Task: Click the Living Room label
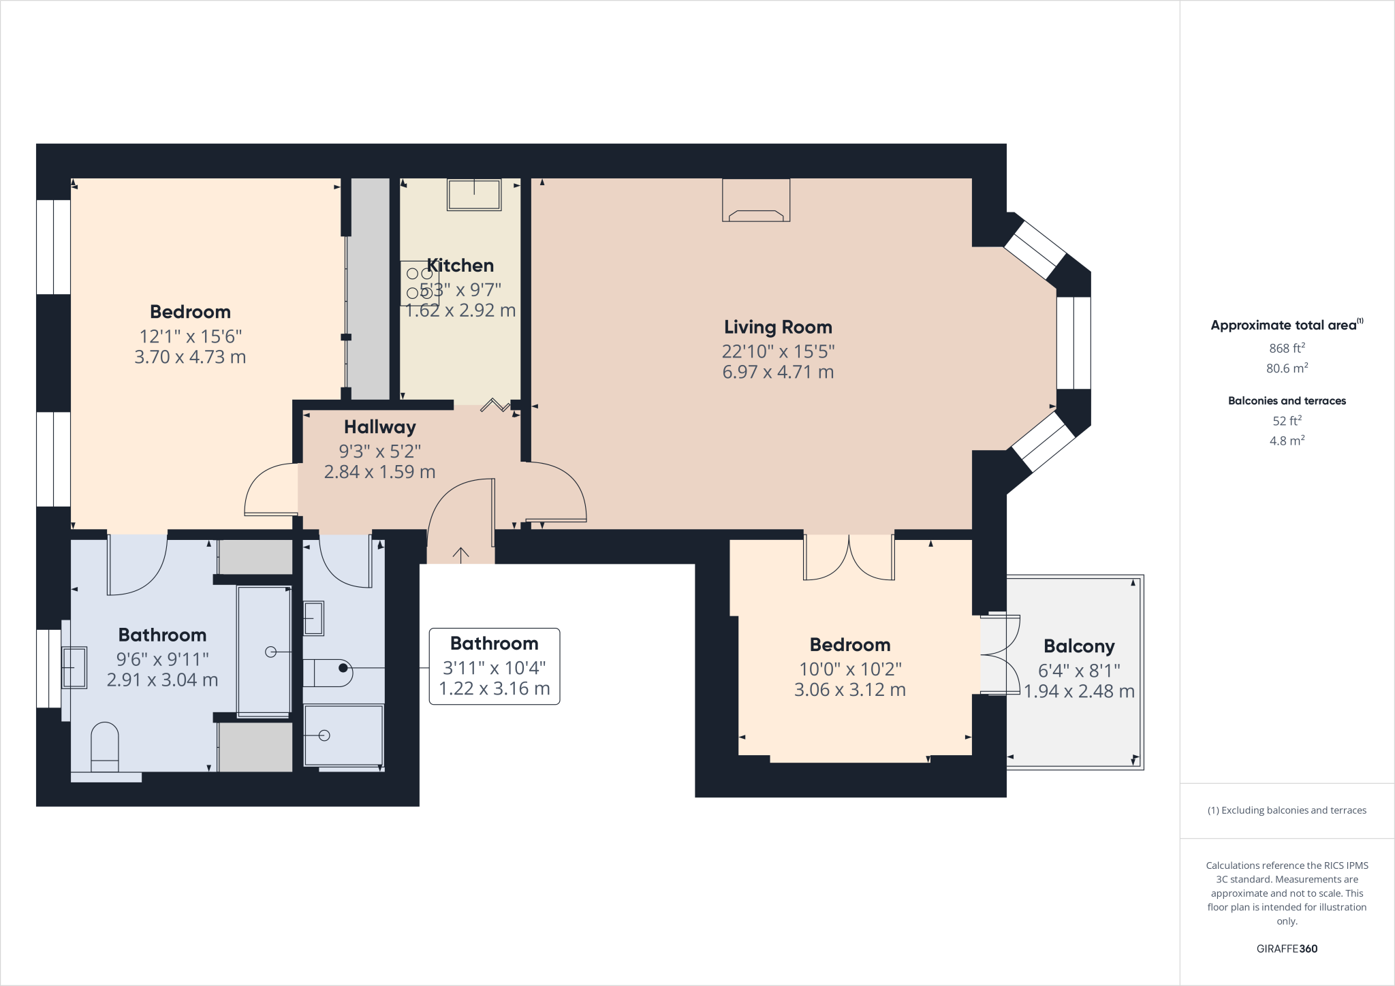coord(778,328)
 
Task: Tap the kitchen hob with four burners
coord(419,283)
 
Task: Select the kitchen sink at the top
coord(474,194)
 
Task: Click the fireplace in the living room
coord(756,200)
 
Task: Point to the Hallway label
coord(379,427)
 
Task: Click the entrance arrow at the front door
coord(461,555)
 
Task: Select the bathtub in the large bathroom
coord(264,651)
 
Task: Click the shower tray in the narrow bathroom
coord(343,736)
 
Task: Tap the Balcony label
coord(1079,646)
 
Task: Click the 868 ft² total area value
coord(1287,348)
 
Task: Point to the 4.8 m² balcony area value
coord(1287,441)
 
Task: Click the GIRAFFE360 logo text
coord(1287,949)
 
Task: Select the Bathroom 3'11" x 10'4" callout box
coord(495,666)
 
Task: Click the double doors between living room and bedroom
coord(849,557)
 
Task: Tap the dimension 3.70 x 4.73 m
coord(190,357)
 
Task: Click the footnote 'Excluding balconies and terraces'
coord(1287,810)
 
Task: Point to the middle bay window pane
coord(1073,343)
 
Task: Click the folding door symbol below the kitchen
coord(495,406)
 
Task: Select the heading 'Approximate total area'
coord(1283,325)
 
